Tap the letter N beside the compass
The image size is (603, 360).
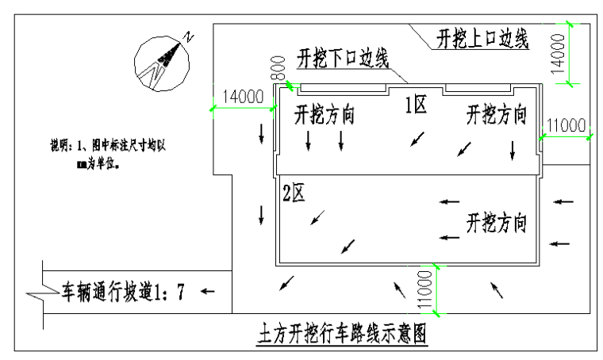pyautogui.click(x=188, y=36)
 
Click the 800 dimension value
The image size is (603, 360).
pyautogui.click(x=277, y=68)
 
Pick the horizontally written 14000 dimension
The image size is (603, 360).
pyautogui.click(x=243, y=98)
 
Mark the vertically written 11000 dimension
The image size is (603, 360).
pyautogui.click(x=425, y=290)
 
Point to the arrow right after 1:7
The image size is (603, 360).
pyautogui.click(x=207, y=292)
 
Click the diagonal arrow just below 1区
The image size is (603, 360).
pyautogui.click(x=417, y=139)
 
